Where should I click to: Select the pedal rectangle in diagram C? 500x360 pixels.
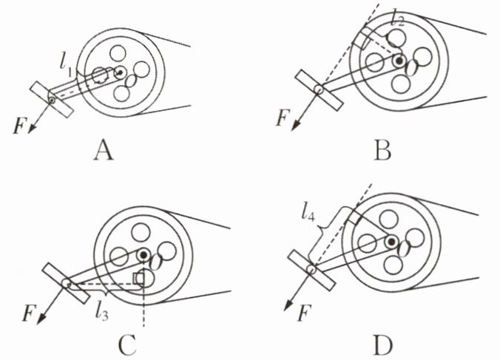tap(67, 283)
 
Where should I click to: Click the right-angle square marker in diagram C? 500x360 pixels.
tap(138, 278)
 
